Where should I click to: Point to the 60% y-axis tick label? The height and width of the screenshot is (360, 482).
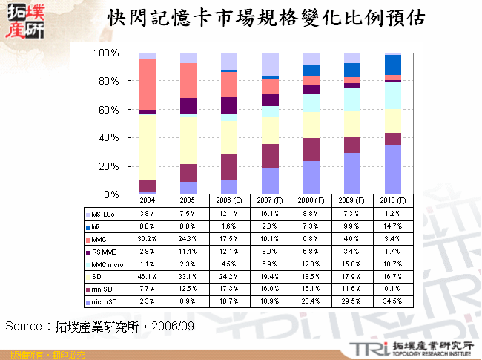(110, 110)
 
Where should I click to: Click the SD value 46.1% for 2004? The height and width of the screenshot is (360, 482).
(147, 277)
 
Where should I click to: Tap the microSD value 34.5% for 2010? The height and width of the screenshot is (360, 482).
(391, 302)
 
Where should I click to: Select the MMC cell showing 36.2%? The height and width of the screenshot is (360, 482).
(147, 239)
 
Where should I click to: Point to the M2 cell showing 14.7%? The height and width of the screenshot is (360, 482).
(391, 226)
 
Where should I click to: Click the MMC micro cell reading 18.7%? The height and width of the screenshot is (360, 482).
(391, 264)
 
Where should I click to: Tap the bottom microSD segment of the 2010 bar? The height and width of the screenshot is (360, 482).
(392, 170)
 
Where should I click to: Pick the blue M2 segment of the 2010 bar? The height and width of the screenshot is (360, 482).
(392, 65)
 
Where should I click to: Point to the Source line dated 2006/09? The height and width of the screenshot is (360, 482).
(99, 326)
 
